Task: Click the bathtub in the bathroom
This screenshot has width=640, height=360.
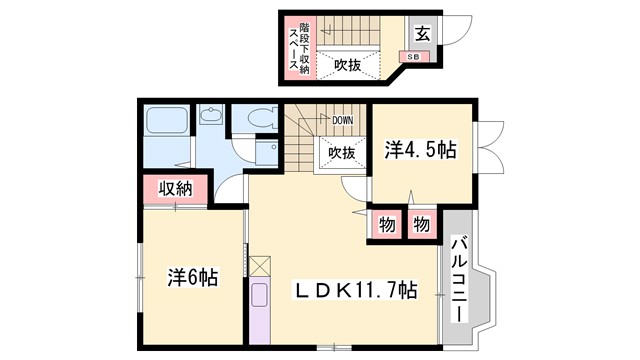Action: coord(163,125)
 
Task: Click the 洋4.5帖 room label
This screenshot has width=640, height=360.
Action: coord(420,151)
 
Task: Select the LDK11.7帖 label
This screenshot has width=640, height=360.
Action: coord(355,291)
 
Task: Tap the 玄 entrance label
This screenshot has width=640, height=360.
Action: coord(422,33)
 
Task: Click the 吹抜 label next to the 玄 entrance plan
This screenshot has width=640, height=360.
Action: coord(348,65)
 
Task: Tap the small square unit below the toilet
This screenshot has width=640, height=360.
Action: coord(266,152)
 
